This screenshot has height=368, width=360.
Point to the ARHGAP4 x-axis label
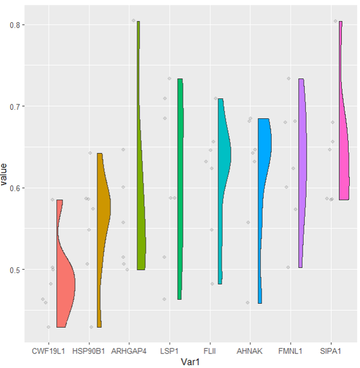click(x=128, y=348)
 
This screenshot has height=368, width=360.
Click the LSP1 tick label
click(x=169, y=348)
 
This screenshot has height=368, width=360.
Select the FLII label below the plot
click(x=209, y=348)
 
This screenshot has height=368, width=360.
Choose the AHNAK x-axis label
click(x=250, y=348)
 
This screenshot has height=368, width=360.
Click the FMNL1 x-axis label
click(x=290, y=348)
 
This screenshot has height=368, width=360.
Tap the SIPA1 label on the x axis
click(x=331, y=348)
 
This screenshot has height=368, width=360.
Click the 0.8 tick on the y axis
click(x=16, y=25)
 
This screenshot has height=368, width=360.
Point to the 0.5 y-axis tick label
click(x=16, y=270)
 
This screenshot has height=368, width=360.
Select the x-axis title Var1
click(x=189, y=361)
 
